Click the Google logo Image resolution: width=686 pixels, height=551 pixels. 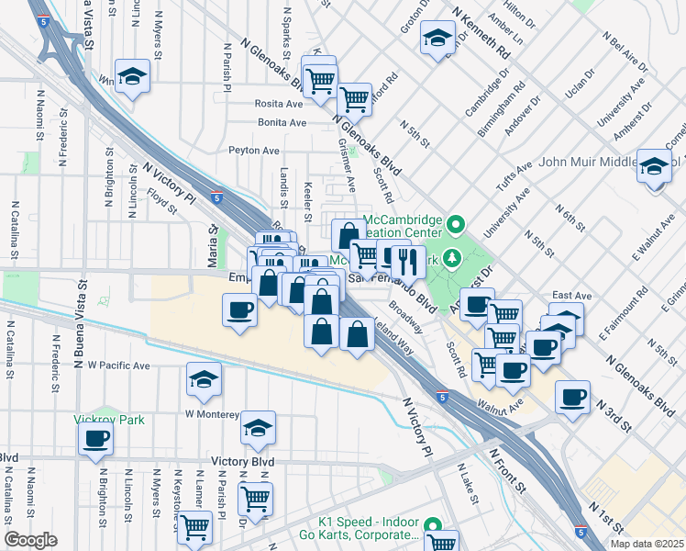pyautogui.click(x=30, y=540)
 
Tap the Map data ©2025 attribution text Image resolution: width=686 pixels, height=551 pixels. pyautogui.click(x=646, y=544)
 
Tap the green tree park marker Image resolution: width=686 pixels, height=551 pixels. pyautogui.click(x=451, y=259)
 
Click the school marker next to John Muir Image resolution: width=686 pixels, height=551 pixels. pyautogui.click(x=655, y=166)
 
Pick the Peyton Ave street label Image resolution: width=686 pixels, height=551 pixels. pyautogui.click(x=253, y=150)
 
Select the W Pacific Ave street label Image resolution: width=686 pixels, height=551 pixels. pyautogui.click(x=118, y=365)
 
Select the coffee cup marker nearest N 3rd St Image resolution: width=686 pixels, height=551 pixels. pyautogui.click(x=573, y=397)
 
